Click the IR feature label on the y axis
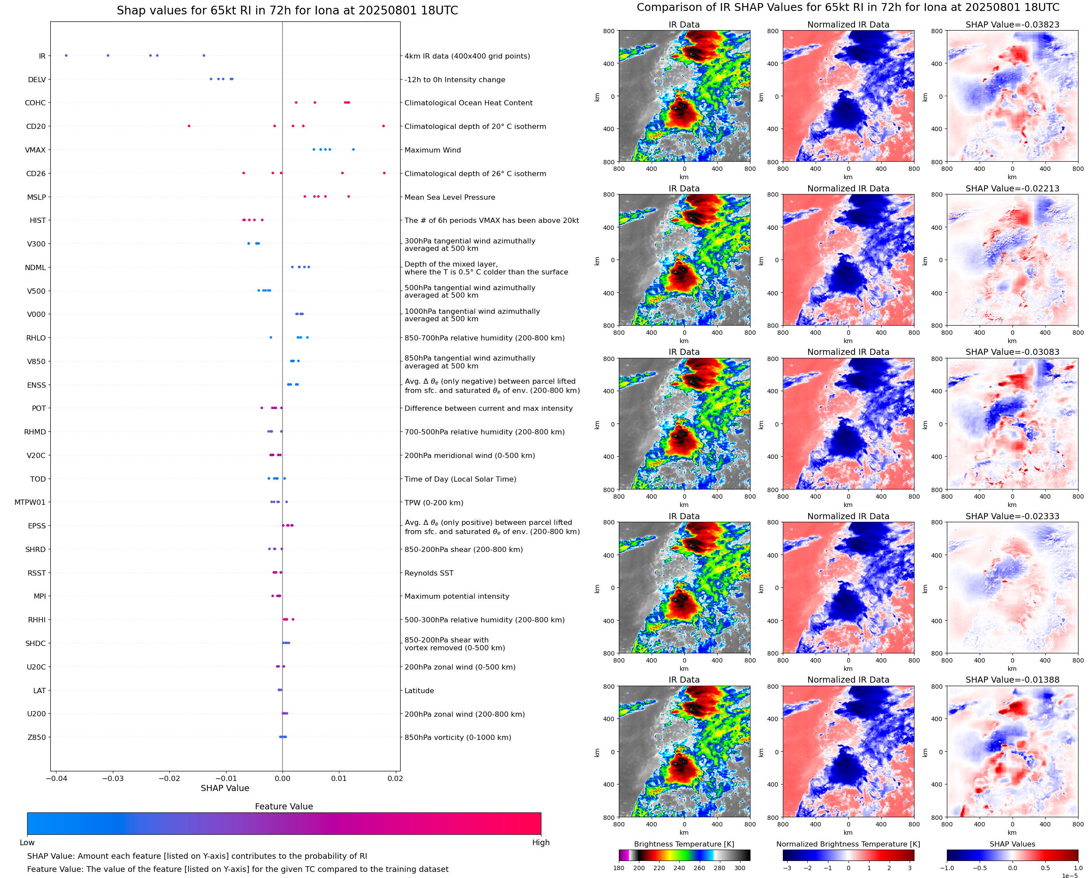[42, 56]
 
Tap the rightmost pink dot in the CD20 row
[383, 126]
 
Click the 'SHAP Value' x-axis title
[225, 788]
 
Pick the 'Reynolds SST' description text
[429, 573]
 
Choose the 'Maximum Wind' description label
[432, 150]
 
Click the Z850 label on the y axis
[36, 737]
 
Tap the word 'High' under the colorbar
[541, 843]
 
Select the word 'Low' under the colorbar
[27, 843]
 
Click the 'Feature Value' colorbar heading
[283, 807]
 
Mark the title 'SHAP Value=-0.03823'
[1012, 25]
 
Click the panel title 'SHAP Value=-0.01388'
[1012, 680]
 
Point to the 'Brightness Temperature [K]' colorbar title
[684, 844]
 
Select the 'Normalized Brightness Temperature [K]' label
[848, 844]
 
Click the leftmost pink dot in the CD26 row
[244, 173]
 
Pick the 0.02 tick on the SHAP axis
[395, 778]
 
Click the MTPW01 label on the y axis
[30, 502]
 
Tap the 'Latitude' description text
[419, 691]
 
